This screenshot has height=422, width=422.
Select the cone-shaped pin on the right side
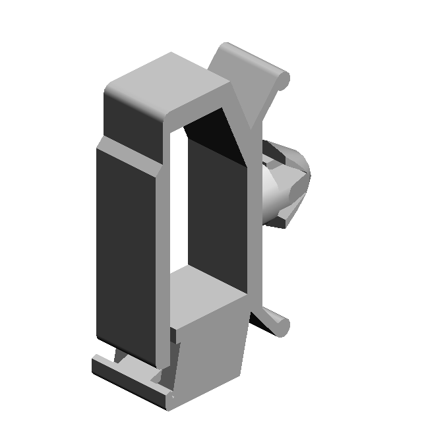284,181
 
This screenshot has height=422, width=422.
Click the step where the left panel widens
101,142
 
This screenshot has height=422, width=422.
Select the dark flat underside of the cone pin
277,222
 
